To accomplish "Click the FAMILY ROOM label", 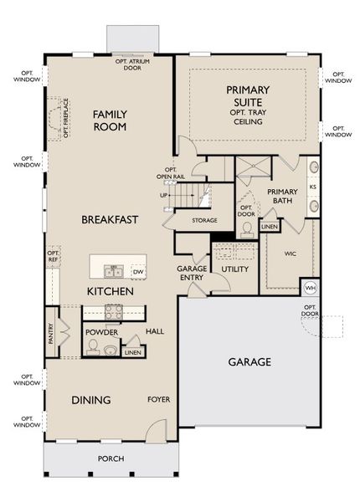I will point(110,120).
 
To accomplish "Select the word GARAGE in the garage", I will point(249,362).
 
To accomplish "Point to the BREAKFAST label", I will point(110,219).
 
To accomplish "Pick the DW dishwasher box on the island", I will point(138,272).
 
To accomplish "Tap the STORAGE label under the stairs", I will point(204,221).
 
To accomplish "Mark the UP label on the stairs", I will point(164,195).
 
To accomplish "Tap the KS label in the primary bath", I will point(312,187).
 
